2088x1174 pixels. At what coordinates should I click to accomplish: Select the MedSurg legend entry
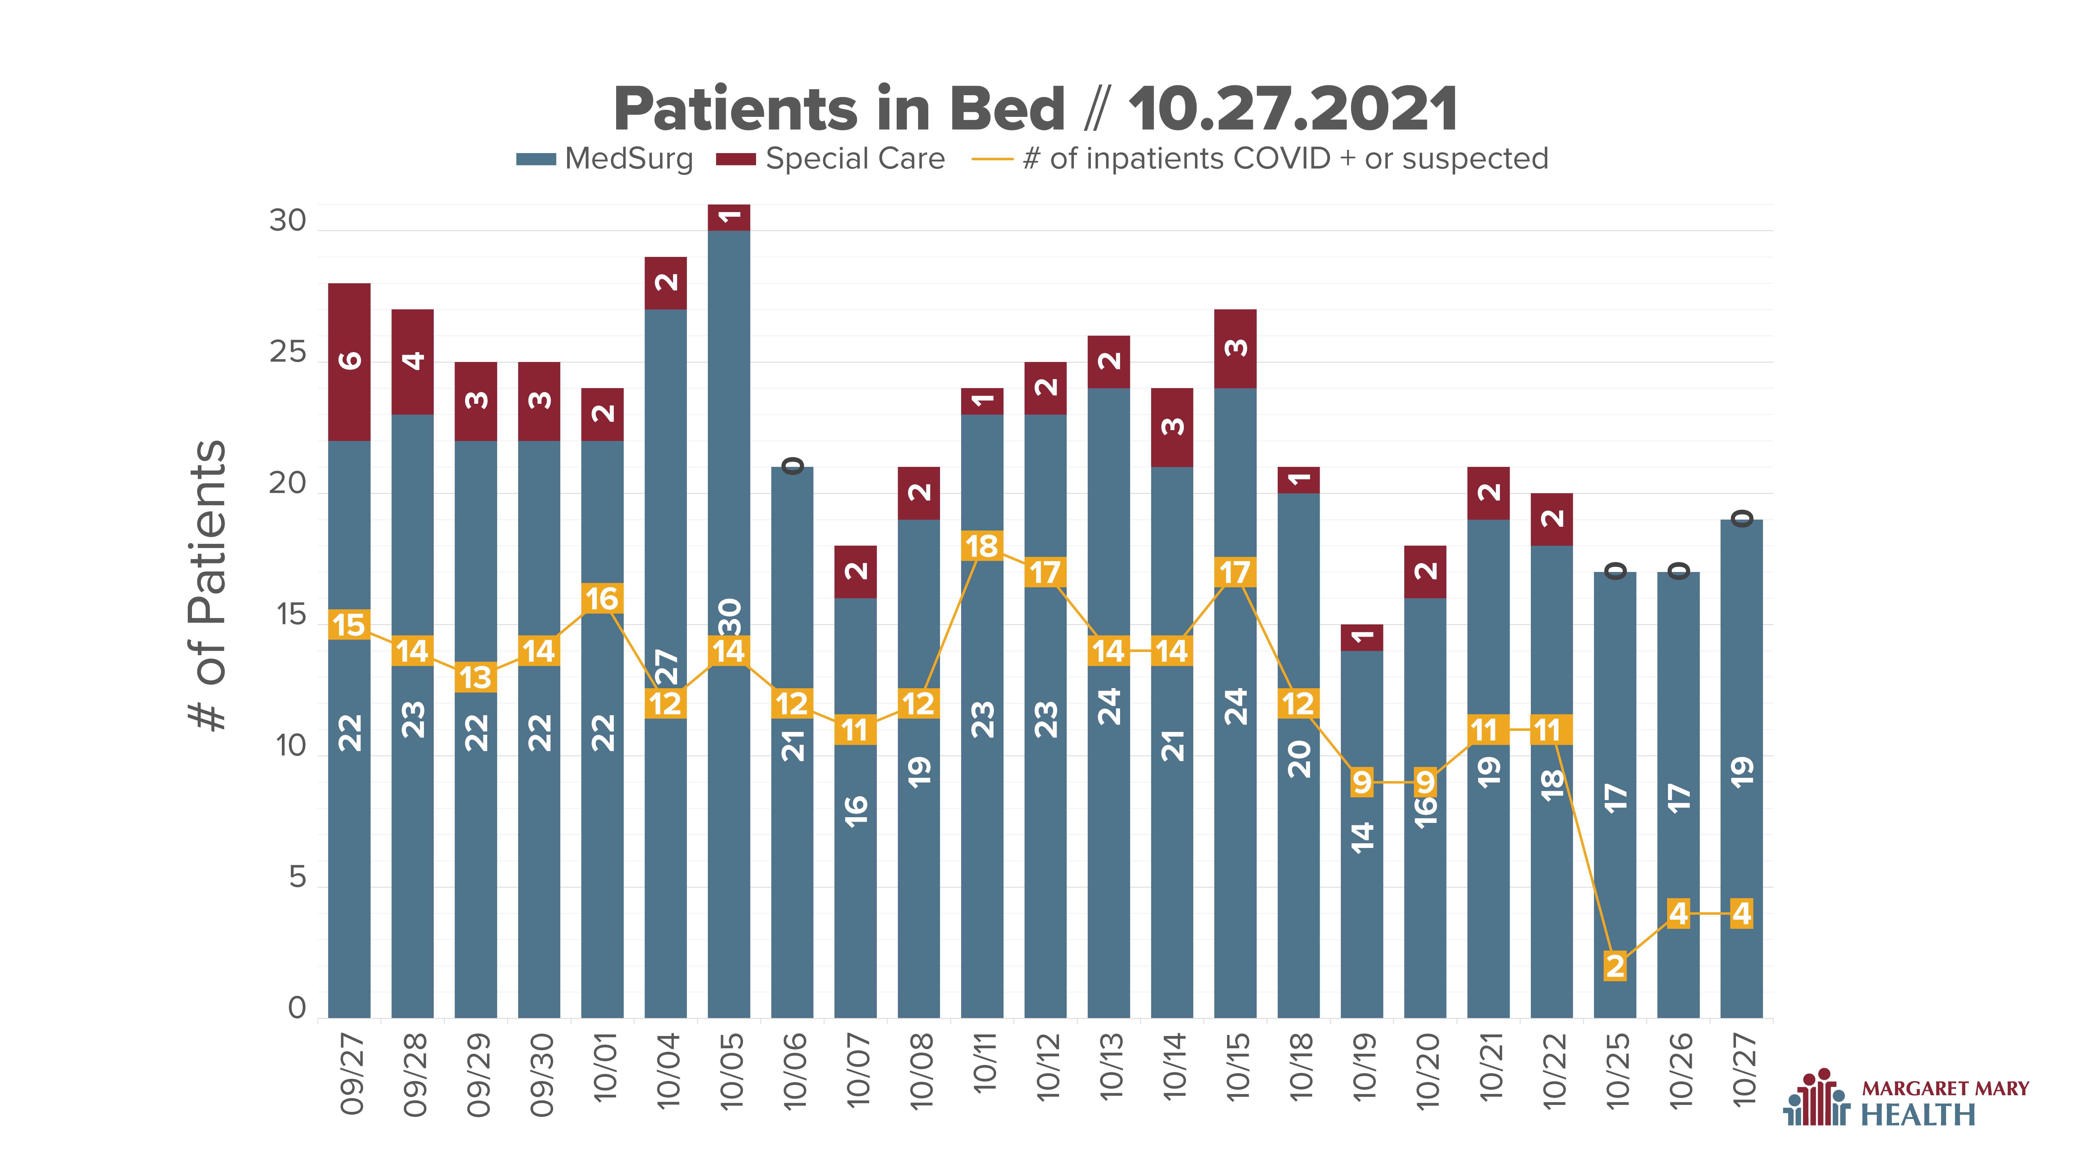pos(605,159)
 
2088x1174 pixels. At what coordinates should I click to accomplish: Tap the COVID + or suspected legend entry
pos(1260,159)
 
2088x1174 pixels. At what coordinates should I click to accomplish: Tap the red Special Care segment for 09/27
pos(349,362)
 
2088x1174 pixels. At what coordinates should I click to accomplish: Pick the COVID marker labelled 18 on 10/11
pos(981,546)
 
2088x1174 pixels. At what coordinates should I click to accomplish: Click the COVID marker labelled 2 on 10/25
pos(1615,966)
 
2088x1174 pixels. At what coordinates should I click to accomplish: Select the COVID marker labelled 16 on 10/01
pos(602,599)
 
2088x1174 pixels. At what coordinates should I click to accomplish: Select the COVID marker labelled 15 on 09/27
pos(349,625)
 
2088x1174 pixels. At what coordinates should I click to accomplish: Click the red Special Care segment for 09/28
pos(413,362)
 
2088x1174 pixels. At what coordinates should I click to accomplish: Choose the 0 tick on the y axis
pos(298,1008)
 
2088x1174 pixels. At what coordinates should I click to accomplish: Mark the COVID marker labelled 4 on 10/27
pos(1741,913)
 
